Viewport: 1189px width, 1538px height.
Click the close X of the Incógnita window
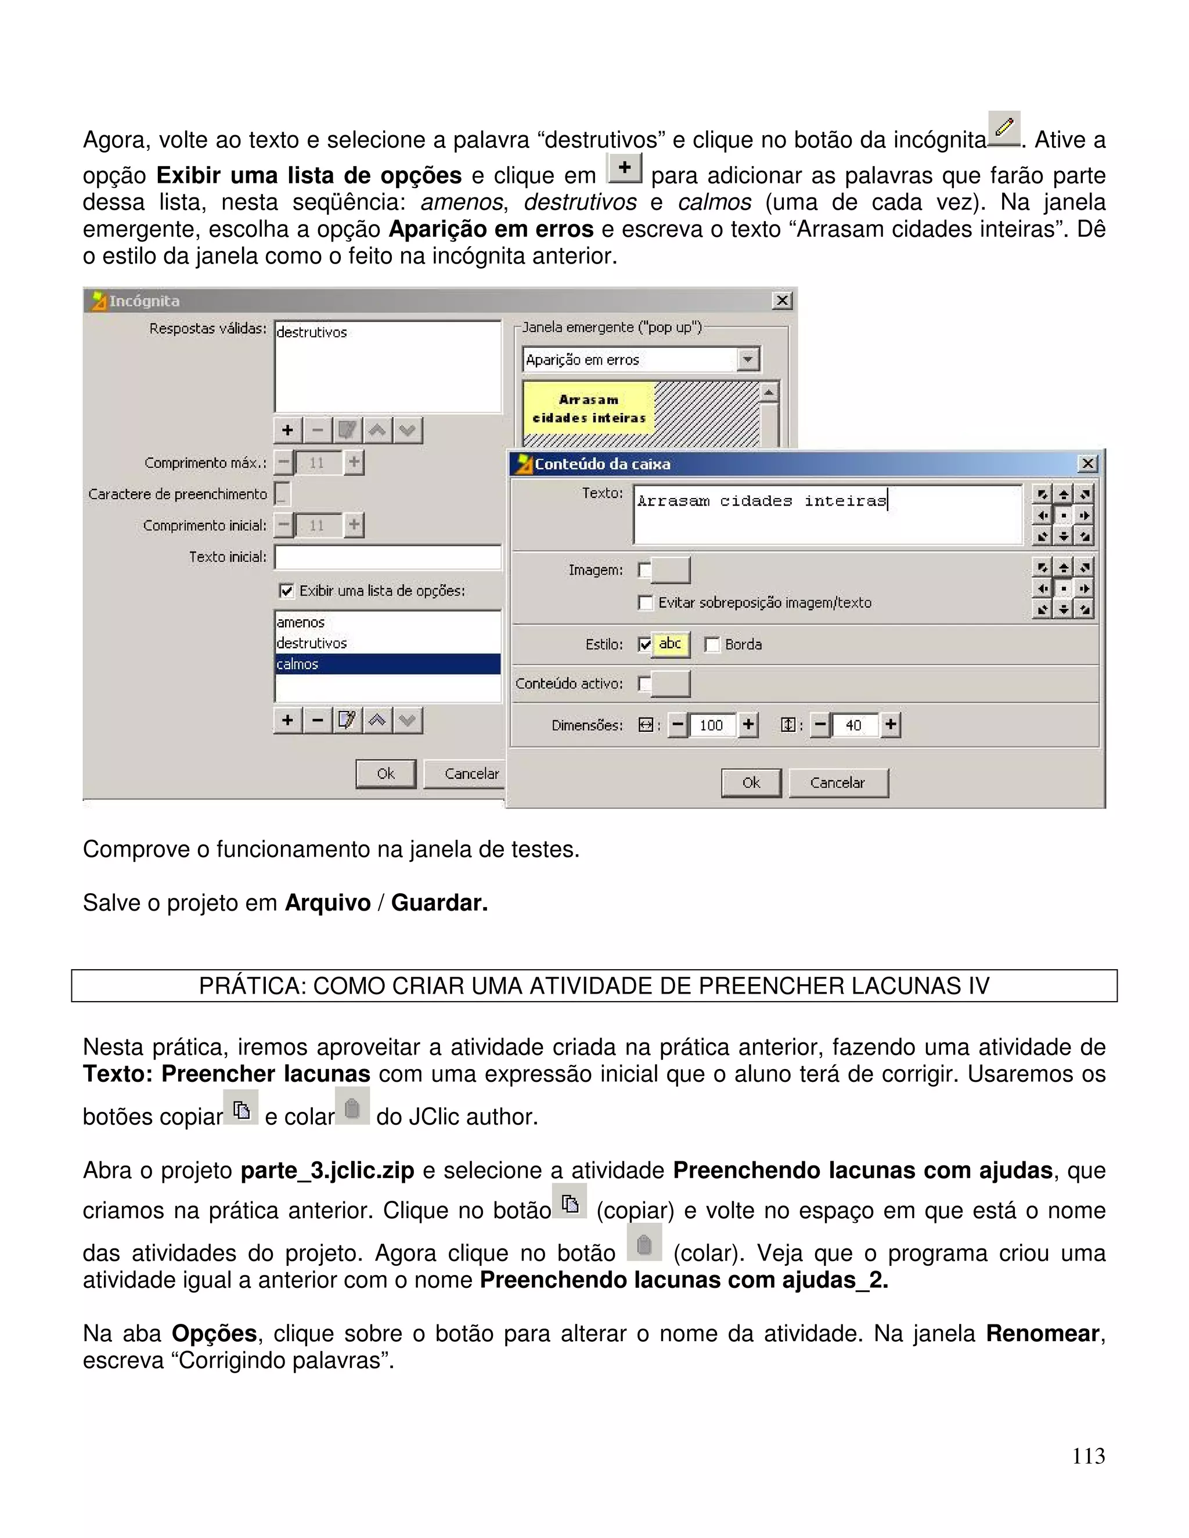(782, 301)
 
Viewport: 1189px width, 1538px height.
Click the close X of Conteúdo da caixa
(1087, 463)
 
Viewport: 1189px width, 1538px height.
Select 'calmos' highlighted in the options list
(298, 664)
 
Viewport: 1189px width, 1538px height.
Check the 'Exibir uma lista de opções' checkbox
(286, 591)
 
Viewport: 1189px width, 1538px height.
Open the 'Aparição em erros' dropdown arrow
(748, 360)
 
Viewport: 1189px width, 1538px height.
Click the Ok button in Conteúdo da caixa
(751, 782)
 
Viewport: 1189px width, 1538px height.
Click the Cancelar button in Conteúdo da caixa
(838, 782)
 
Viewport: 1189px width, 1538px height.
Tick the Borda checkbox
(713, 644)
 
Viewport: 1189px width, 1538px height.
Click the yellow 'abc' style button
(670, 644)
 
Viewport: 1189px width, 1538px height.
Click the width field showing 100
(712, 725)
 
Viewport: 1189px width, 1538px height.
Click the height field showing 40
(853, 725)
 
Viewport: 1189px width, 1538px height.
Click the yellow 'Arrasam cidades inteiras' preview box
(589, 409)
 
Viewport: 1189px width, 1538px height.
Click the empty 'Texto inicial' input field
(387, 557)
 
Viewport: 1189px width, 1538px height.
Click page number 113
(1089, 1456)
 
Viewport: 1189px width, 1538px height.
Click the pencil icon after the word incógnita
(1004, 129)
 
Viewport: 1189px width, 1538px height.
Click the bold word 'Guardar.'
(439, 903)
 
